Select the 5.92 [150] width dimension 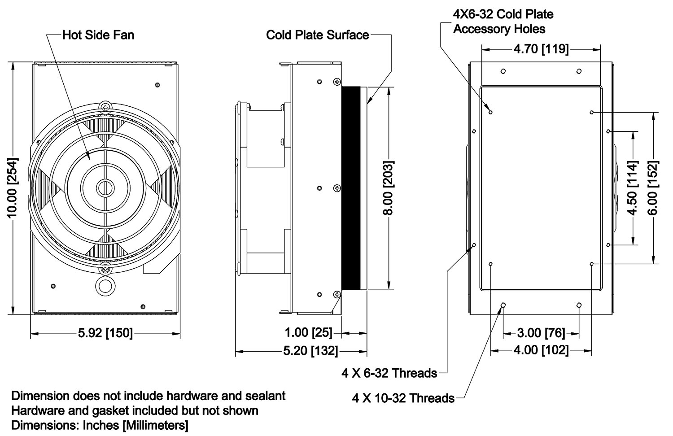click(105, 333)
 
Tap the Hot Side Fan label click(98, 35)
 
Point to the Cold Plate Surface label click(317, 35)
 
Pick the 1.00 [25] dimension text click(309, 333)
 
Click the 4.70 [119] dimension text click(541, 48)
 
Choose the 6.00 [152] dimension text click(653, 187)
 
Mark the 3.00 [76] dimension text click(541, 333)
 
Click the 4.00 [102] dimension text click(541, 350)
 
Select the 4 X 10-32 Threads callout click(403, 398)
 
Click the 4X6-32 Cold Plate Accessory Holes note click(503, 22)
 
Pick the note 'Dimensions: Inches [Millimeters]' click(100, 425)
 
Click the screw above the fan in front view click(105, 107)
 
